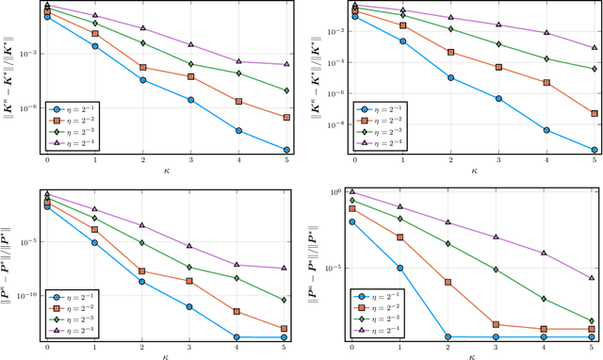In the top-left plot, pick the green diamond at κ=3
pyautogui.click(x=190, y=64)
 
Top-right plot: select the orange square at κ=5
pyautogui.click(x=594, y=114)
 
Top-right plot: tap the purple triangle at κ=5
pyautogui.click(x=594, y=47)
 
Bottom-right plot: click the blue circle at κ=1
pyautogui.click(x=399, y=268)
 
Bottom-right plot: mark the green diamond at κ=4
pyautogui.click(x=545, y=299)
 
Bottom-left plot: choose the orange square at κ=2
pyautogui.click(x=142, y=271)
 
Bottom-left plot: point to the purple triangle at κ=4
pyautogui.click(x=238, y=266)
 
